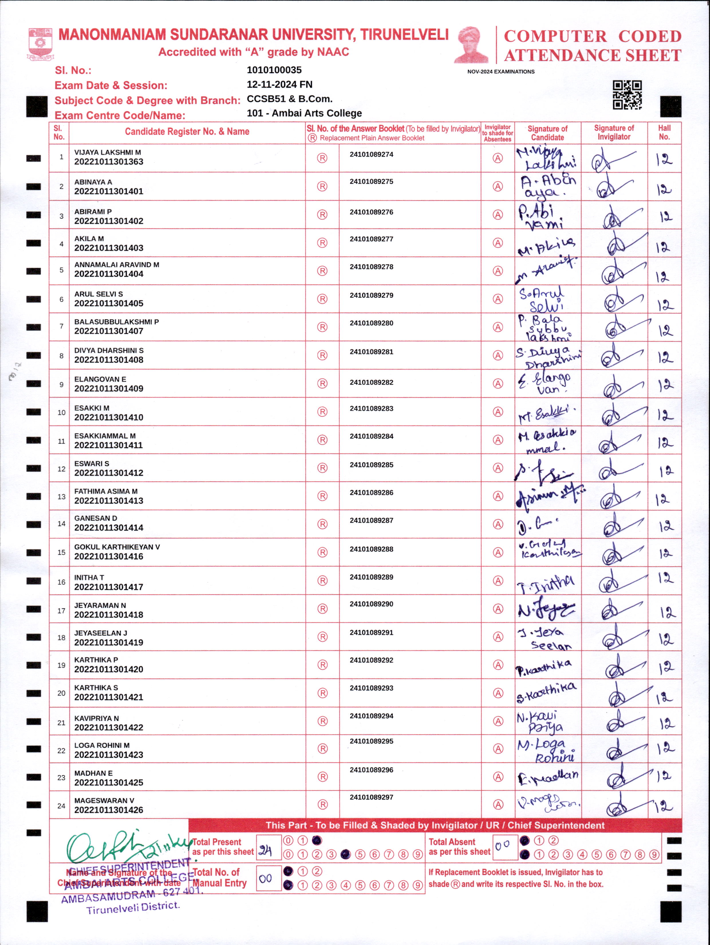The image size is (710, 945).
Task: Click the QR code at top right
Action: pyautogui.click(x=627, y=95)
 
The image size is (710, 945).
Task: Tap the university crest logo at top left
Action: pyautogui.click(x=41, y=44)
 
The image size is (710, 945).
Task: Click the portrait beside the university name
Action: pyautogui.click(x=471, y=45)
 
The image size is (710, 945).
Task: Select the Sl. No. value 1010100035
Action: pyautogui.click(x=274, y=70)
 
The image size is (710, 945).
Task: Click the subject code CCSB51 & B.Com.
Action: pyautogui.click(x=289, y=99)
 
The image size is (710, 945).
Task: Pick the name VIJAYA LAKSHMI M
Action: pyautogui.click(x=108, y=152)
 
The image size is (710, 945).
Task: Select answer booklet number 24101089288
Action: pyautogui.click(x=371, y=549)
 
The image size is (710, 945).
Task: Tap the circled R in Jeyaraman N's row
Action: pyautogui.click(x=322, y=609)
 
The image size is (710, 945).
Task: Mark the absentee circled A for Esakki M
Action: pyautogui.click(x=498, y=412)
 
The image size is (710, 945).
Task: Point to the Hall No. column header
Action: pyautogui.click(x=664, y=132)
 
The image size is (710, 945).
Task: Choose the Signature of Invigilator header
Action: pyautogui.click(x=614, y=132)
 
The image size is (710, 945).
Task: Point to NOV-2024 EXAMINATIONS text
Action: pyautogui.click(x=501, y=72)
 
